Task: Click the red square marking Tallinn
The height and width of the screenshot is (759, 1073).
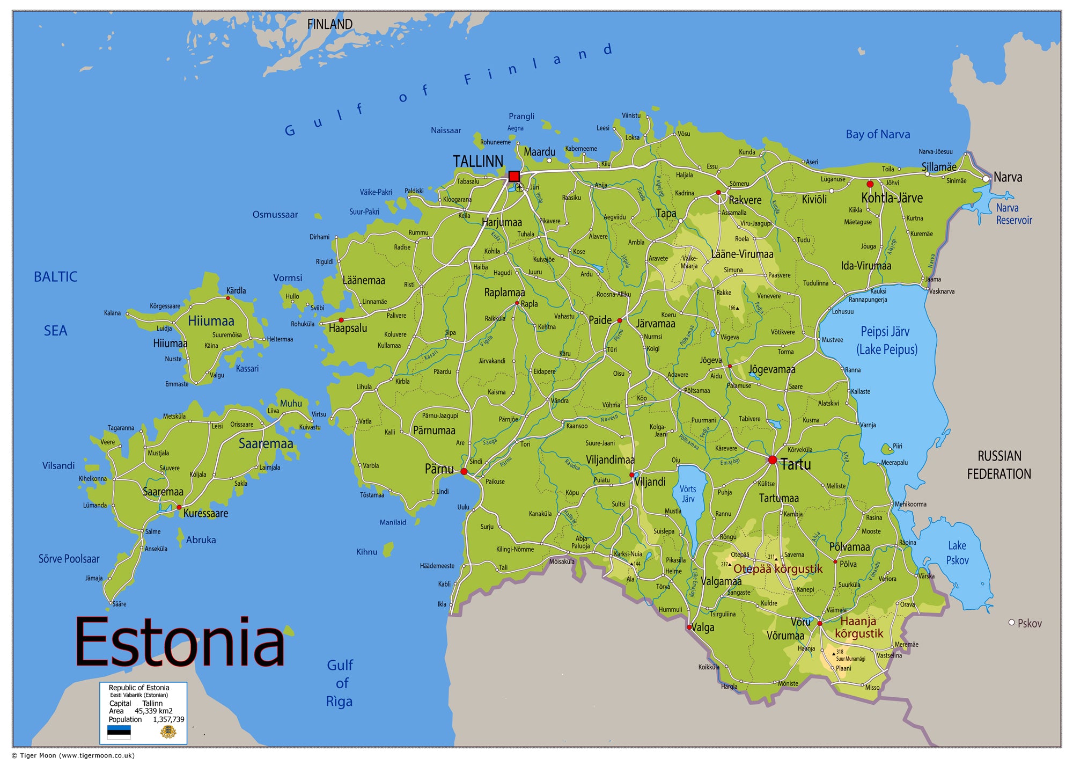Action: point(514,176)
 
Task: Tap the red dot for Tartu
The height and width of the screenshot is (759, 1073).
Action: point(773,460)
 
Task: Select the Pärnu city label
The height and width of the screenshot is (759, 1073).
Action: point(439,469)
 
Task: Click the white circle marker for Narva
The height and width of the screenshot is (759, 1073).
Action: point(986,179)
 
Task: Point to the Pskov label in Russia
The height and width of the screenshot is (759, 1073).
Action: point(1029,623)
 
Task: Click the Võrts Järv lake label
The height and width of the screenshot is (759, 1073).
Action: point(688,494)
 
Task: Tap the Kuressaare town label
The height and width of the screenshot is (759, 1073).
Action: point(205,513)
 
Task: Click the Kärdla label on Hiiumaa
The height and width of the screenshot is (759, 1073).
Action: point(236,290)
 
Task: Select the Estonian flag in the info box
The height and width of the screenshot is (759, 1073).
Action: point(119,732)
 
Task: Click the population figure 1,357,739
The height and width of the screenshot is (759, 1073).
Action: point(168,719)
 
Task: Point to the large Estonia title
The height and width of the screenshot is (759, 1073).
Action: point(180,642)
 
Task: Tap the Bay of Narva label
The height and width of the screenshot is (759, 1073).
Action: point(878,134)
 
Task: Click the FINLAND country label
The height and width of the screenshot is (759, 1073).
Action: point(329,24)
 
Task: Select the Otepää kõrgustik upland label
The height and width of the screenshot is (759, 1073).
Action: point(777,569)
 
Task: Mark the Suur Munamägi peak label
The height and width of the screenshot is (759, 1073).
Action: point(850,659)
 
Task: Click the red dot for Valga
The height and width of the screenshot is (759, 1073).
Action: point(689,627)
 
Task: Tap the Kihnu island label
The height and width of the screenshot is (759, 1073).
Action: point(366,552)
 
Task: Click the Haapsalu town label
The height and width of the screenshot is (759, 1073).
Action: point(348,328)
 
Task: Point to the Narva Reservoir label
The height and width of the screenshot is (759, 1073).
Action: point(1013,214)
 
